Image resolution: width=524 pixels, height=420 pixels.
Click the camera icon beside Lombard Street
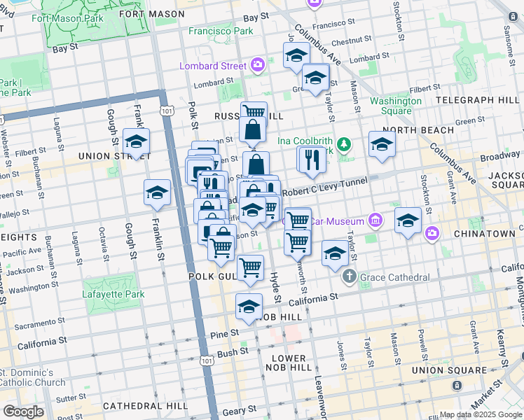257,65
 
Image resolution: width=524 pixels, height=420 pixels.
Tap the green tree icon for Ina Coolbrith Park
343,145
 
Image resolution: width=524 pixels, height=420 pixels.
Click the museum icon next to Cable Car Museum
375,221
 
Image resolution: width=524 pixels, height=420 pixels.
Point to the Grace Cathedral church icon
350,277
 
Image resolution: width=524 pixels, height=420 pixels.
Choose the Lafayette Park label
113,295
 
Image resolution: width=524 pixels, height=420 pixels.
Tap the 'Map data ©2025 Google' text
481,414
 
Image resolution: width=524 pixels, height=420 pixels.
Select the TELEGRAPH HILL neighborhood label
478,100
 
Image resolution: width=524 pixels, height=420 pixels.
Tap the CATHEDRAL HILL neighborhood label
144,405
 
